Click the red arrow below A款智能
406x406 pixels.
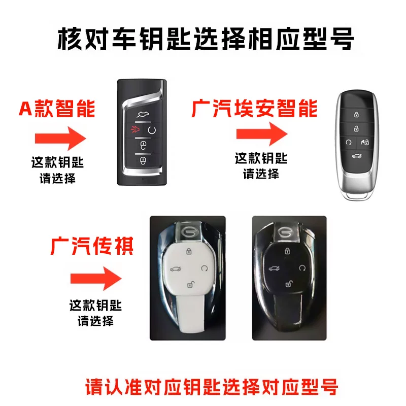pyautogui.click(x=60, y=139)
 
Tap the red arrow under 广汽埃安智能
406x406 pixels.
pyautogui.click(x=262, y=134)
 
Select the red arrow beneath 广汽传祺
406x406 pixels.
pyautogui.click(x=96, y=278)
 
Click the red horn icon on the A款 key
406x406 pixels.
pyautogui.click(x=134, y=129)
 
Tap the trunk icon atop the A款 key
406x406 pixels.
pyautogui.click(x=143, y=114)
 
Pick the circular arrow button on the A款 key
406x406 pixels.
pyautogui.click(x=152, y=130)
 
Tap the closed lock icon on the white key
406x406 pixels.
pyautogui.click(x=189, y=251)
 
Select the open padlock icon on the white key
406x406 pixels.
pyautogui.click(x=191, y=284)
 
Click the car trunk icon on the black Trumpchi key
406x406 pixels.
pyautogui.click(x=274, y=268)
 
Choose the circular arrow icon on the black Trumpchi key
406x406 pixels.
pyautogui.click(x=302, y=268)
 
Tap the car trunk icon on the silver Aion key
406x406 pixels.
pyautogui.click(x=357, y=156)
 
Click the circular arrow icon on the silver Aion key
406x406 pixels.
pyautogui.click(x=349, y=142)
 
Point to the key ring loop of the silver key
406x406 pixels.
pyautogui.click(x=358, y=196)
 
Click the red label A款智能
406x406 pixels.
pyautogui.click(x=57, y=109)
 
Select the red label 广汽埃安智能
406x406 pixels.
pyautogui.click(x=255, y=109)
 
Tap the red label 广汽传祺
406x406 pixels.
pyautogui.click(x=92, y=246)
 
